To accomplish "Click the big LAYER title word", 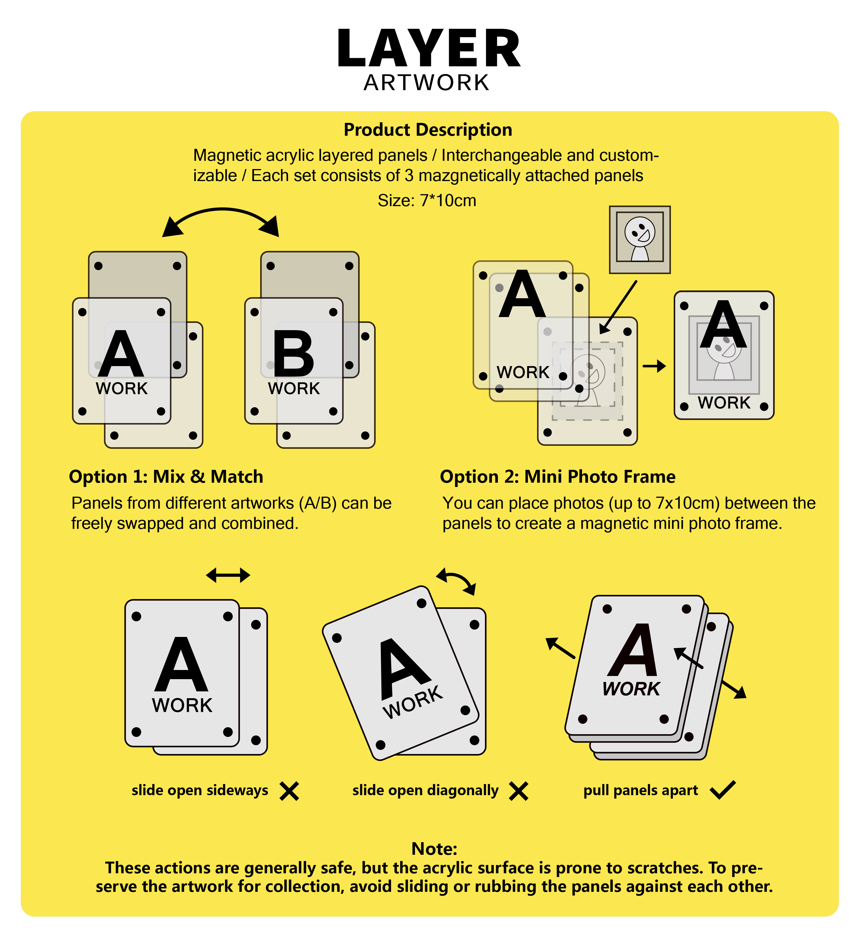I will (x=428, y=48).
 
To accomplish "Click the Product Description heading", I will (x=428, y=130).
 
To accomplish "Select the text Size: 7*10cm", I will (x=427, y=200).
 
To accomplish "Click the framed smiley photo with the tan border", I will (x=640, y=239).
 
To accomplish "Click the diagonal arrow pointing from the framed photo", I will (x=618, y=307).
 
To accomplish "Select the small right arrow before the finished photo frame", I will (x=654, y=366).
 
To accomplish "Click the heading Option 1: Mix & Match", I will (x=166, y=477).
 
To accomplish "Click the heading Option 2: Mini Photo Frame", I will (x=558, y=477).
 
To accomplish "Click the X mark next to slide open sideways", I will (x=289, y=791).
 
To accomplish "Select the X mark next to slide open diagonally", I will (x=519, y=791).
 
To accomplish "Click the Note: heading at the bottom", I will (x=434, y=849).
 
